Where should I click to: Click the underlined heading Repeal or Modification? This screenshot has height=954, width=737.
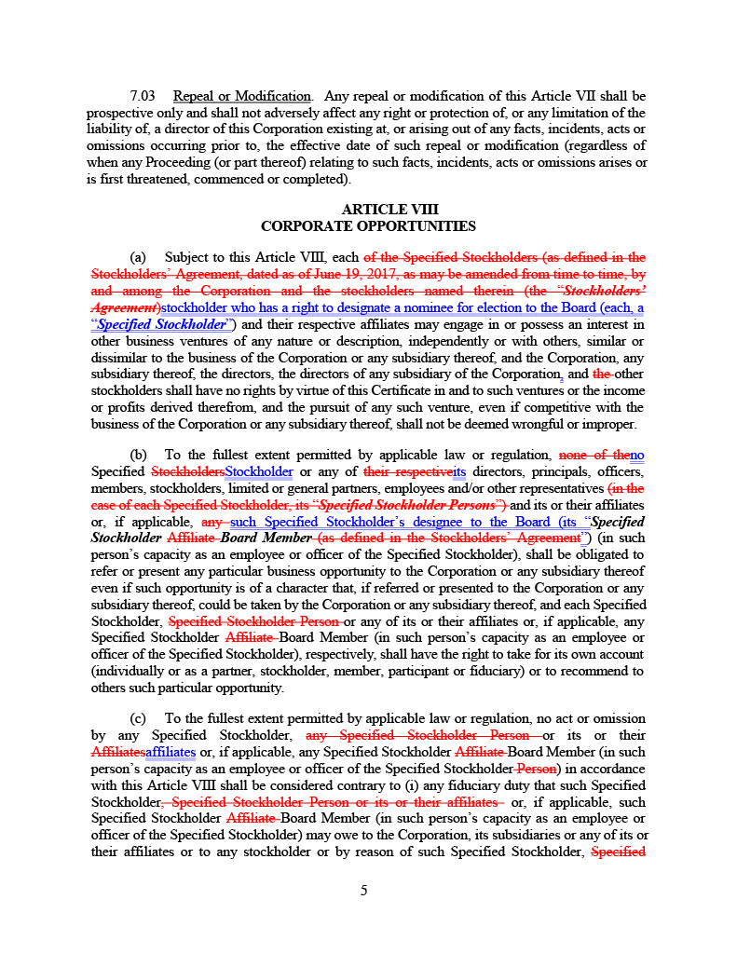[x=241, y=97]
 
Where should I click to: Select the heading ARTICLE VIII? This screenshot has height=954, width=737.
[x=389, y=210]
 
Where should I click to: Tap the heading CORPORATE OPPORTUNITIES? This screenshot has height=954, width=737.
[x=368, y=226]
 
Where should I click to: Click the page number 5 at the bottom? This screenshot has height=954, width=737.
[x=364, y=890]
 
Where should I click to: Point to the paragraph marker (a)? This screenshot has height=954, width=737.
[x=138, y=257]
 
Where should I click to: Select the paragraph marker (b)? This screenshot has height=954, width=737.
[x=138, y=455]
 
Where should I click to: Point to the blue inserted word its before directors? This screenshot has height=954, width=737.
[x=458, y=471]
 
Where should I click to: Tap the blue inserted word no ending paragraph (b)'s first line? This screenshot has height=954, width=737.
[x=637, y=455]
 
